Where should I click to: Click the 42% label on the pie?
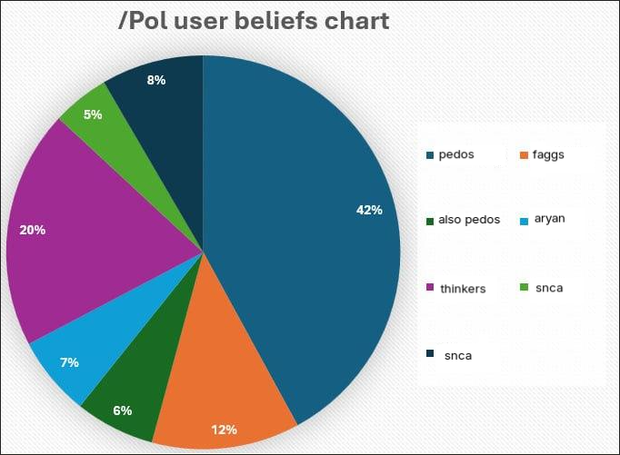pos(369,210)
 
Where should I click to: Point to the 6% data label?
pos(123,410)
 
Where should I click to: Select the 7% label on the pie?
pos(69,362)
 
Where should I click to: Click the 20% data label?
pos(33,230)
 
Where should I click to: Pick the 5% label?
pos(93,114)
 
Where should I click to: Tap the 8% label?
pos(156,80)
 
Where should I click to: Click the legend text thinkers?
pos(462,289)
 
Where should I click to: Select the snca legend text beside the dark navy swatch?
pos(457,355)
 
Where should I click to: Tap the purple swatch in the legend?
pos(428,289)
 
